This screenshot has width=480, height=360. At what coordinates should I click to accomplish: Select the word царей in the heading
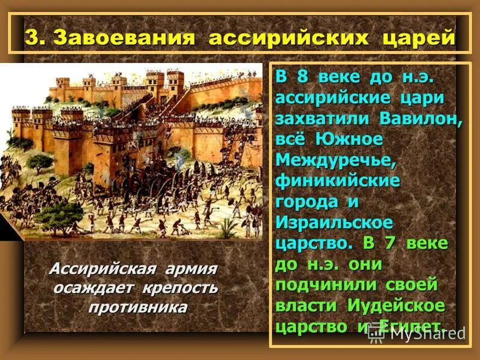[418, 37]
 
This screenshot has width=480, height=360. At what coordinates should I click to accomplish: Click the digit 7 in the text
[390, 244]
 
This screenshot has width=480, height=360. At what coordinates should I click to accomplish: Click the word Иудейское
[395, 305]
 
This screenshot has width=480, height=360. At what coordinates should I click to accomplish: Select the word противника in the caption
[138, 308]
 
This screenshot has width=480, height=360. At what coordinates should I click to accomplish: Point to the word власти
[306, 305]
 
